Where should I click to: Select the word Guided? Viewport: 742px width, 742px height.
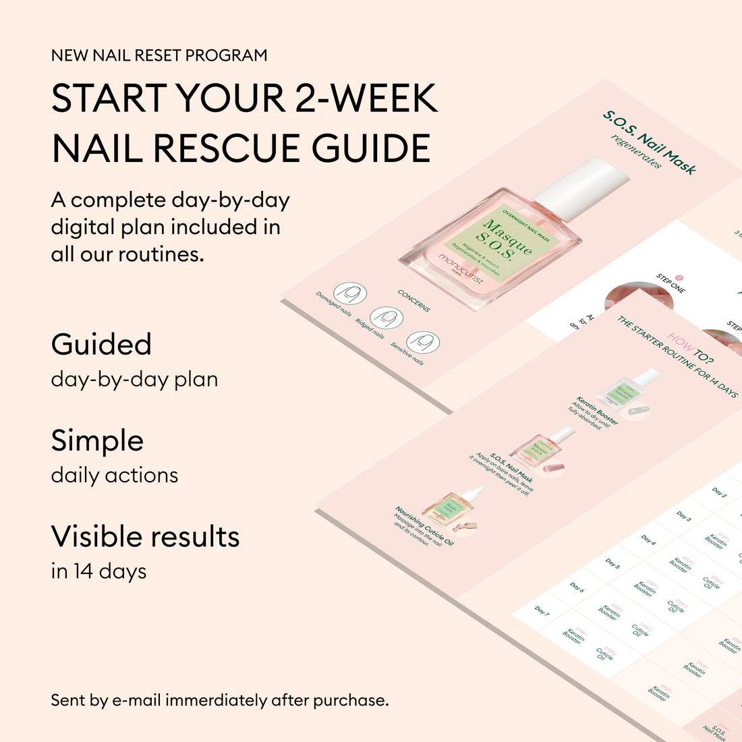click(101, 345)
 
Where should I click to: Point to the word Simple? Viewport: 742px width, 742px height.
click(97, 441)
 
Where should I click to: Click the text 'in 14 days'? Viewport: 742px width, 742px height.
click(98, 571)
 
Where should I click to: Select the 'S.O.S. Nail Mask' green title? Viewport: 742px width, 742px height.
click(649, 142)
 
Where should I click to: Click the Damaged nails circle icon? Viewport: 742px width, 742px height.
click(350, 293)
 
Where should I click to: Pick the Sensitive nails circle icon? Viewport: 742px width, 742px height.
click(423, 342)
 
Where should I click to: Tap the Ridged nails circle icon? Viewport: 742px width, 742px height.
click(387, 318)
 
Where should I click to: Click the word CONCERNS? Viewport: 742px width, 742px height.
click(413, 300)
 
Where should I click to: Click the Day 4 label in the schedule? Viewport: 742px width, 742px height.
click(648, 540)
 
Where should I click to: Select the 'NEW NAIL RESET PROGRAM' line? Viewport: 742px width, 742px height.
click(159, 55)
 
